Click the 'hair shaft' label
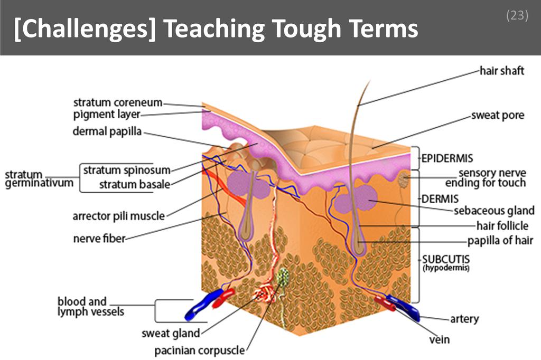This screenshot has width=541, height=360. point(501,70)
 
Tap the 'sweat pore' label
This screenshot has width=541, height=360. point(498,116)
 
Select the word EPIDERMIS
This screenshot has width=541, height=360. point(447,158)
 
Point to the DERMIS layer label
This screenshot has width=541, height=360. point(440,199)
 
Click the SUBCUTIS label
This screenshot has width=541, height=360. point(445,260)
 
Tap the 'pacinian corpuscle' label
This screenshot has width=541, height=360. point(200,350)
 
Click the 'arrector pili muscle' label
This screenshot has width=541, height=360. point(119,215)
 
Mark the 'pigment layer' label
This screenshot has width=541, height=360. point(106,115)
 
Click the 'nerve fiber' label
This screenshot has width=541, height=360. point(99,239)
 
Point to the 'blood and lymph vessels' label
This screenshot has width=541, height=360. point(90,307)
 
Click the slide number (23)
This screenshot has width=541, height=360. point(517,16)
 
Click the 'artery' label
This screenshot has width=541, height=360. point(464,319)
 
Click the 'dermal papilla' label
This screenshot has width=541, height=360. point(107,131)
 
